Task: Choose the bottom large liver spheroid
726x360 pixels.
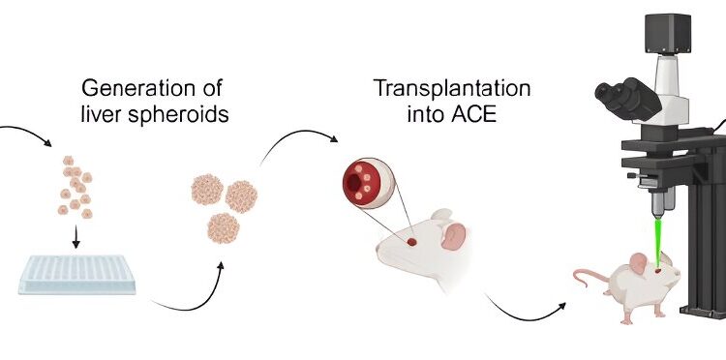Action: [224, 228]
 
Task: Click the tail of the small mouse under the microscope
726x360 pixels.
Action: [589, 283]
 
